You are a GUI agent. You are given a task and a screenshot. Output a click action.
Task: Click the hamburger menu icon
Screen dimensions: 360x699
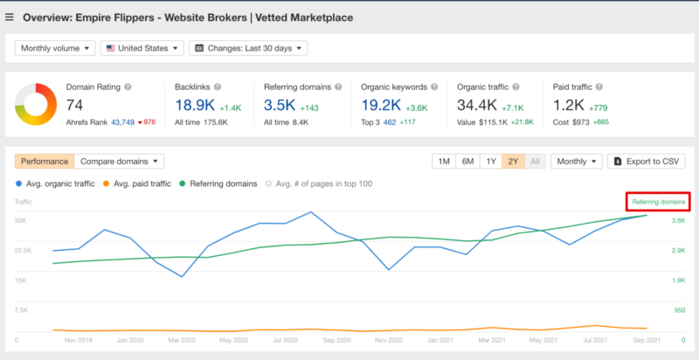click(x=10, y=17)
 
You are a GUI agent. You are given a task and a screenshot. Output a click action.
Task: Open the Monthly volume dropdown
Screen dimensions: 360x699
click(x=54, y=48)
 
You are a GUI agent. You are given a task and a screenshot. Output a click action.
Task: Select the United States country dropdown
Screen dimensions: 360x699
click(x=140, y=48)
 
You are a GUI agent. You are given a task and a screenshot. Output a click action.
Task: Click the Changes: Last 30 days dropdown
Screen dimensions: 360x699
click(x=247, y=48)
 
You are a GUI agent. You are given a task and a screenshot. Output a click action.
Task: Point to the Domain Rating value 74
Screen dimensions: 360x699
click(x=76, y=104)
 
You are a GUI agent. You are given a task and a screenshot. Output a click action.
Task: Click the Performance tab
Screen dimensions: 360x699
click(x=45, y=161)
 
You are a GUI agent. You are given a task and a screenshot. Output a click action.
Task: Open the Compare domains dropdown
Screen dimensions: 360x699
click(x=120, y=161)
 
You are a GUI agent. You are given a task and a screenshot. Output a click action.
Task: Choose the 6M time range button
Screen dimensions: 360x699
click(x=468, y=162)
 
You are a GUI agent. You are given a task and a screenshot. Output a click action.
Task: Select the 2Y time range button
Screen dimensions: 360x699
click(x=514, y=162)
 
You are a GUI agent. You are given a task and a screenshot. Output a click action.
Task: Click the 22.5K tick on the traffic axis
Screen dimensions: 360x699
click(x=24, y=250)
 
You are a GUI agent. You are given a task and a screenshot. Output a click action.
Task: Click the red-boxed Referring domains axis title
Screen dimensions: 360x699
click(x=658, y=202)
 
